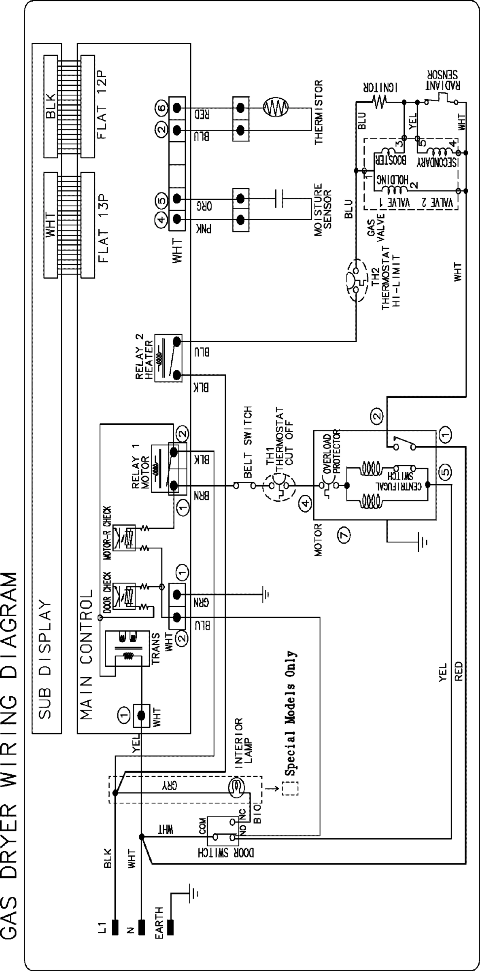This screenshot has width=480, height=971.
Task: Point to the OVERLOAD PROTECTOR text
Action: (332, 453)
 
